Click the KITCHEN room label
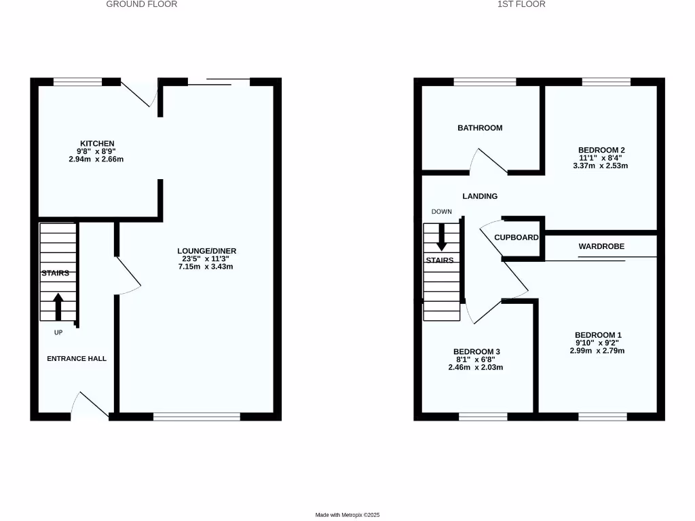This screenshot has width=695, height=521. coord(97,143)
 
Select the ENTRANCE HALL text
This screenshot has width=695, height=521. coord(77,358)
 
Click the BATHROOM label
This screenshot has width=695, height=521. coord(480,128)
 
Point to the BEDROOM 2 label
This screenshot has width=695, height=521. coord(601,150)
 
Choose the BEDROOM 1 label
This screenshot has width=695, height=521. coord(598,335)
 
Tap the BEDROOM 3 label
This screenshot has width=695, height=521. coord(476,351)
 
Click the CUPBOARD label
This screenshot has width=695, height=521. coord(516,237)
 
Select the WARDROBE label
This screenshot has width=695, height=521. coord(601,246)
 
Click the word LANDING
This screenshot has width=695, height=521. coord(480,196)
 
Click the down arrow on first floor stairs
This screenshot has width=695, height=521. coord(442,237)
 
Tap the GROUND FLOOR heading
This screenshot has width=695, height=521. coord(142,4)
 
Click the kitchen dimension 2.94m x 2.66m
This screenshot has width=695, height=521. coord(96,159)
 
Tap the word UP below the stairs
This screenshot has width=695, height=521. coord(58,332)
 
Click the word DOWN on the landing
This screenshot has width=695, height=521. coord(441,212)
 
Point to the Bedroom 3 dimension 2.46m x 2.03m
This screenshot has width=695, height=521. coord(476,367)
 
